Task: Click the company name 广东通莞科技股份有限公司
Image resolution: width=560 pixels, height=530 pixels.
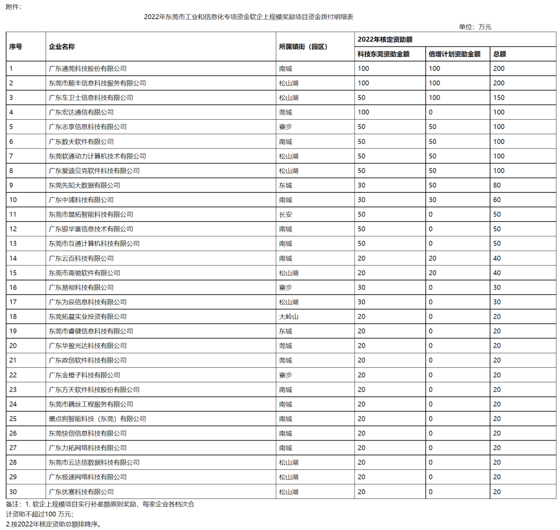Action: click(x=87, y=68)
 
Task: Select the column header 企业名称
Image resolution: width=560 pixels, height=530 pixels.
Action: click(x=62, y=47)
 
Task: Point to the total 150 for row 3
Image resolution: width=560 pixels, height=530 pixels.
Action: click(x=499, y=97)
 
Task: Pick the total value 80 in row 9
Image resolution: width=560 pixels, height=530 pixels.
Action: click(x=497, y=185)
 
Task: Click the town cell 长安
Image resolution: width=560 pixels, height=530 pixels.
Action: click(x=286, y=214)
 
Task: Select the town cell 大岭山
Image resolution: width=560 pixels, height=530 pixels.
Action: click(x=289, y=317)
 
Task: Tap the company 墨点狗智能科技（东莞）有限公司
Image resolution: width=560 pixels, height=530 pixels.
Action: click(x=97, y=419)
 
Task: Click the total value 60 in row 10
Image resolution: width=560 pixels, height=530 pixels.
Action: click(x=497, y=200)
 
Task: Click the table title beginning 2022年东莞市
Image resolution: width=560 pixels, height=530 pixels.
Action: click(x=248, y=17)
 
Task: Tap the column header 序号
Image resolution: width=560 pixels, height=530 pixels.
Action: click(x=16, y=47)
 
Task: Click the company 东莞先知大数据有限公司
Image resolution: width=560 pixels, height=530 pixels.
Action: click(x=84, y=185)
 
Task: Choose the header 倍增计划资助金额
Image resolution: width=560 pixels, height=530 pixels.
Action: click(x=454, y=54)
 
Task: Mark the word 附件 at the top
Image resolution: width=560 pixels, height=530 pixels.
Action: click(x=13, y=7)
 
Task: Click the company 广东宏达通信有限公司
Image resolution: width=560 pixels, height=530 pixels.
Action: click(x=81, y=112)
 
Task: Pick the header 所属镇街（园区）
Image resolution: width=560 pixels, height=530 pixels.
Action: click(x=303, y=47)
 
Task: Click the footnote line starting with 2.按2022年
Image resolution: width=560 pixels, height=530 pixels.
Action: click(x=53, y=524)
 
